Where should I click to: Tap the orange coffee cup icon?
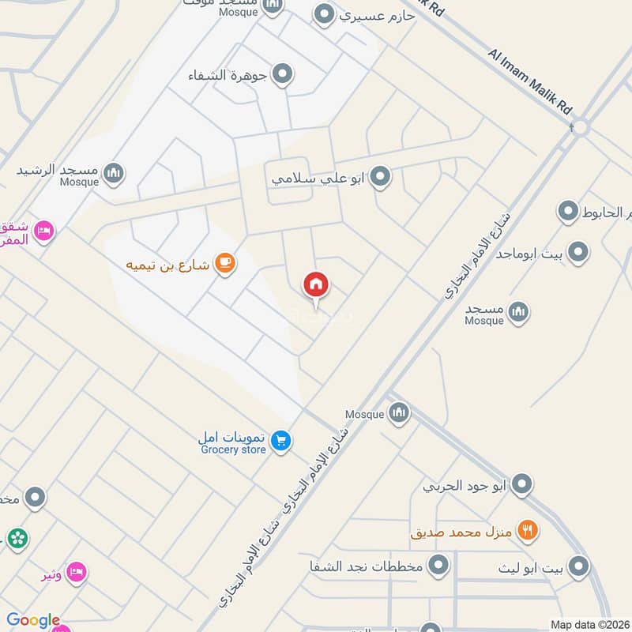[225, 264]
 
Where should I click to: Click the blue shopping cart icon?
[280, 442]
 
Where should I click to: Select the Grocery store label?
[232, 450]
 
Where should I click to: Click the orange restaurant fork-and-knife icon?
[527, 531]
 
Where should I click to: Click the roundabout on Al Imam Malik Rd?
[581, 126]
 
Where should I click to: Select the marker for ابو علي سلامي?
[381, 177]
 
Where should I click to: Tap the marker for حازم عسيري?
[323, 14]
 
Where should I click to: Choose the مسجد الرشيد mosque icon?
[114, 173]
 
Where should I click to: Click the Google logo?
[33, 621]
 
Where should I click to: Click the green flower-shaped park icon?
[17, 539]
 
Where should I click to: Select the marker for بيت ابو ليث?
[579, 566]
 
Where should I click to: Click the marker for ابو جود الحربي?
[521, 484]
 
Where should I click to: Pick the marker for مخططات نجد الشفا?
[439, 565]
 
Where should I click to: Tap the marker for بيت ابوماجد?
[578, 253]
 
